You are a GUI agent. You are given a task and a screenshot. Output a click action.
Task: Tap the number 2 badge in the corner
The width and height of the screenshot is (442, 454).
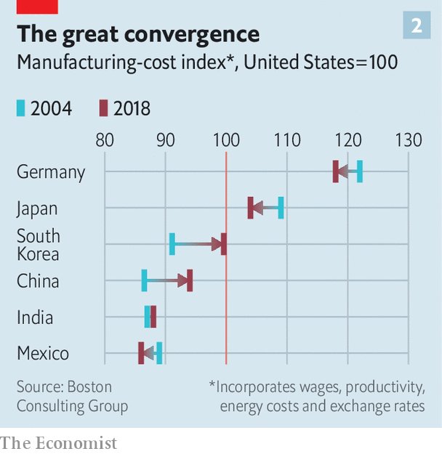(417, 26)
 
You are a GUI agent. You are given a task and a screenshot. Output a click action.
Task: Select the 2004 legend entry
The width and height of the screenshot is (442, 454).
(44, 109)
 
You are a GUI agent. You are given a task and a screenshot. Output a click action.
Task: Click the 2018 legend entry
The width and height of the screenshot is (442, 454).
(124, 109)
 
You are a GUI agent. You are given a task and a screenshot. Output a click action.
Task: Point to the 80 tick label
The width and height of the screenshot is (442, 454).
(105, 140)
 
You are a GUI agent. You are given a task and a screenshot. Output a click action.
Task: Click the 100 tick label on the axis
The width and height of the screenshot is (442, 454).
(226, 140)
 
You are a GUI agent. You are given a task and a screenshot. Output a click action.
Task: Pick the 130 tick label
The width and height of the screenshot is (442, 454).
(408, 140)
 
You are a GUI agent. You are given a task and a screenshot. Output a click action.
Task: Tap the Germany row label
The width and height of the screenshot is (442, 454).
(51, 172)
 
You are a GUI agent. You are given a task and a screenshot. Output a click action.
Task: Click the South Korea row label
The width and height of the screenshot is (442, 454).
(38, 245)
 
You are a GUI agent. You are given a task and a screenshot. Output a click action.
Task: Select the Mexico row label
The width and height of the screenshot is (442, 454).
(43, 354)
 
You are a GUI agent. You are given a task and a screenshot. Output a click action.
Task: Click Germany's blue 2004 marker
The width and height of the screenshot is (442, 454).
(360, 172)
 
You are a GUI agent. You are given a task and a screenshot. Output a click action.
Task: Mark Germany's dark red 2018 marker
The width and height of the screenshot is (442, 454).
(335, 172)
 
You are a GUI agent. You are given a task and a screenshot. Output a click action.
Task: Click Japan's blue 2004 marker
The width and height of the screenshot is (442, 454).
(281, 208)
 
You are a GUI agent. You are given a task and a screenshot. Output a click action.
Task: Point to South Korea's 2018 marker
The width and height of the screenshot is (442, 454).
(224, 244)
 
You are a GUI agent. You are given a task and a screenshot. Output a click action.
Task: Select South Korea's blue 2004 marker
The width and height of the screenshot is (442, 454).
(172, 244)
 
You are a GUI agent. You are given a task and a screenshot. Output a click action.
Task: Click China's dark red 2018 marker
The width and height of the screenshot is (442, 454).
(190, 280)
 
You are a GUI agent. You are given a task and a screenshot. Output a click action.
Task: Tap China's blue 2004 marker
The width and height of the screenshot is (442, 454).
(144, 280)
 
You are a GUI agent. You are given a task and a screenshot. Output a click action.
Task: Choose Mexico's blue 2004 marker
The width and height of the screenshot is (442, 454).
(159, 353)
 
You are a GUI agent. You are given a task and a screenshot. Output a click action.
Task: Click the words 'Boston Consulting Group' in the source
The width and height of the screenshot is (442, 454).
(73, 397)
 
